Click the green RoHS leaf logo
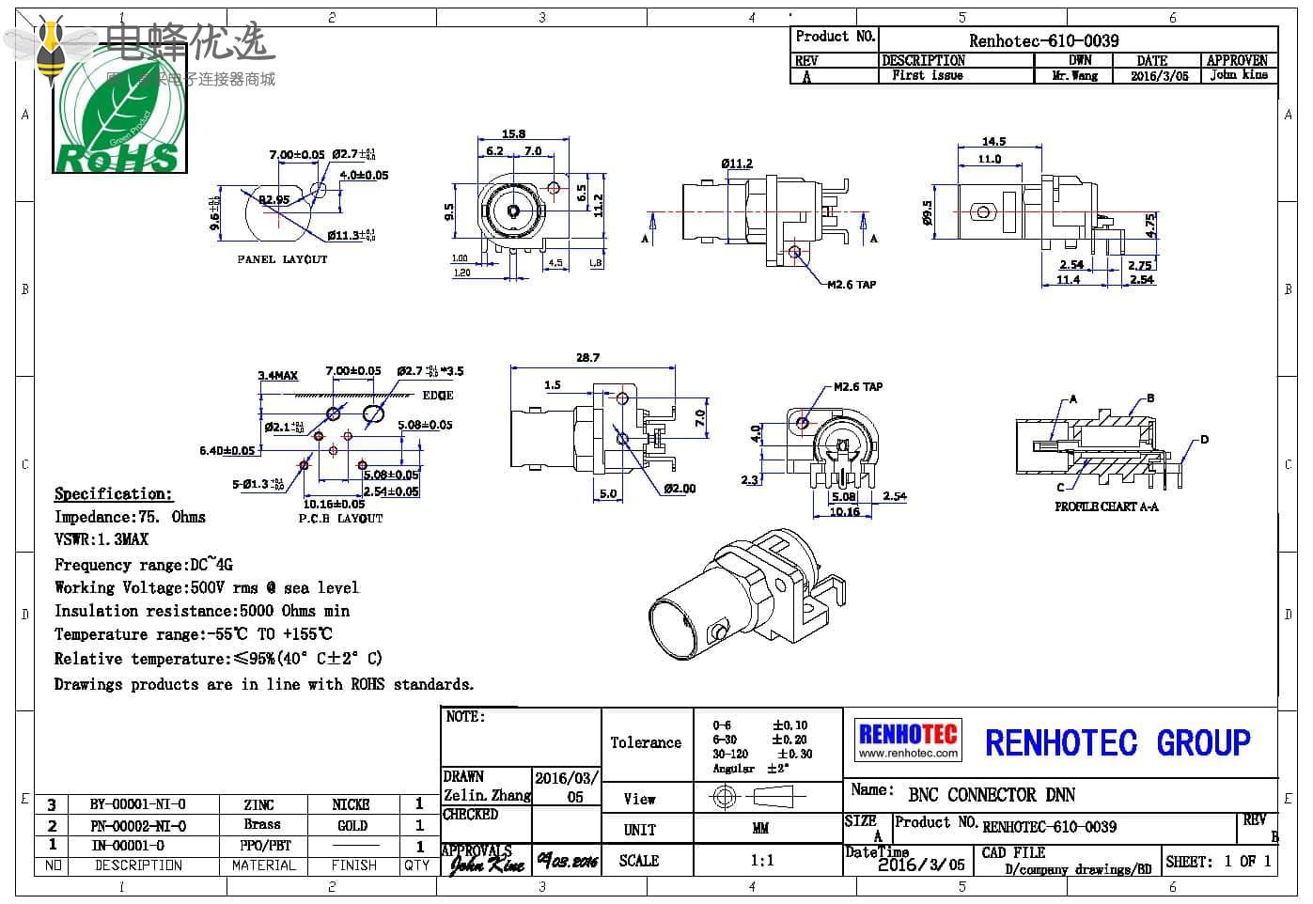119,117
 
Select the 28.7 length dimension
587,357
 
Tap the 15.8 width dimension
513,133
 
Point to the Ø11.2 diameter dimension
737,164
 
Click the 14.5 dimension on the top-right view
993,141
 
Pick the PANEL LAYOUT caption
282,259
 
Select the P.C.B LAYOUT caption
340,519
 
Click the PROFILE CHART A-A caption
1106,507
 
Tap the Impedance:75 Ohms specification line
130,517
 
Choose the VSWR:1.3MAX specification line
102,539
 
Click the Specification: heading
114,494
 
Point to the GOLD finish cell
352,826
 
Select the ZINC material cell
258,805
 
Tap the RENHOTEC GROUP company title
1118,742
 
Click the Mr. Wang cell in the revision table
1075,76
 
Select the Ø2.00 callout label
680,489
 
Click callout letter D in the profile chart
1204,440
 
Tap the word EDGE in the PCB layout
438,396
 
